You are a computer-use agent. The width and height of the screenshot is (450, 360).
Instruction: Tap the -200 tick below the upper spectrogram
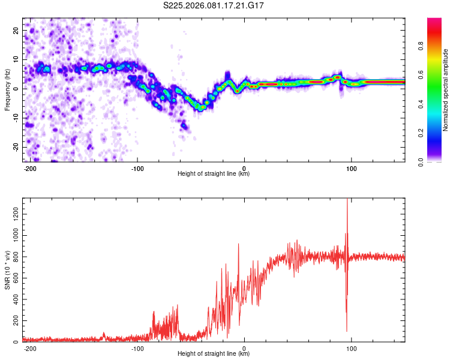coord(30,168)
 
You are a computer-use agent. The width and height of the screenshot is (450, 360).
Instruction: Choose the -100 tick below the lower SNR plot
coord(137,348)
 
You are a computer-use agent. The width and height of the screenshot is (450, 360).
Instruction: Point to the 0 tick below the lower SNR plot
coord(244,348)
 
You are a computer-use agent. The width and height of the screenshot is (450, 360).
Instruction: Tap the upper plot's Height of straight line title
coord(214,174)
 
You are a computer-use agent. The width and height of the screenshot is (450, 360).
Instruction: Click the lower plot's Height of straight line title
coord(214,354)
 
